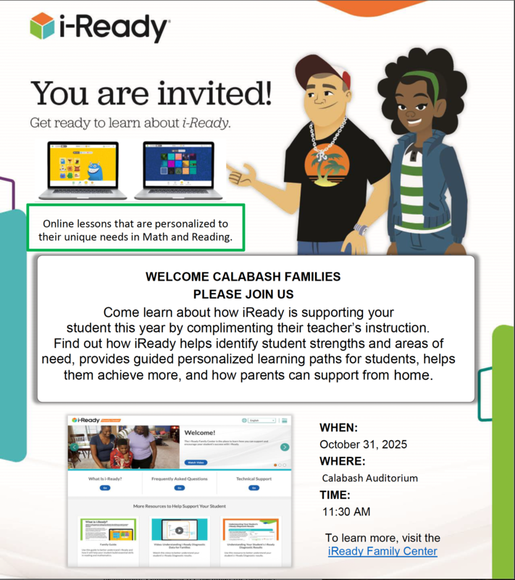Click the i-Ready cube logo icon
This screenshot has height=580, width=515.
coord(42,27)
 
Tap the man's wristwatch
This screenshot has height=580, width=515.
coord(361,230)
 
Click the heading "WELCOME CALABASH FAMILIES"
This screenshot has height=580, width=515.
coord(243,277)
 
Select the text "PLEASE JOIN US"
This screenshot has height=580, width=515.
coord(243,294)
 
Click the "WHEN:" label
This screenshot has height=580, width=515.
coord(339,428)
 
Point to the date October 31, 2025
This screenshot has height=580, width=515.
coord(363,444)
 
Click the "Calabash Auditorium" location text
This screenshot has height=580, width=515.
coord(370,478)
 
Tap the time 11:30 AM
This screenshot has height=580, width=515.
coord(346,512)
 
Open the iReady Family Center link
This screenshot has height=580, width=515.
coord(382,551)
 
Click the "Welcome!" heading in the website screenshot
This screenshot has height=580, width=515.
coord(200,433)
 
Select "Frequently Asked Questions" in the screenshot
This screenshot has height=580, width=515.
coord(180,479)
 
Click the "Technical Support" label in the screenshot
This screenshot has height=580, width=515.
coord(254,479)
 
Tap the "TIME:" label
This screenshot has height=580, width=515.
coord(335,495)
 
